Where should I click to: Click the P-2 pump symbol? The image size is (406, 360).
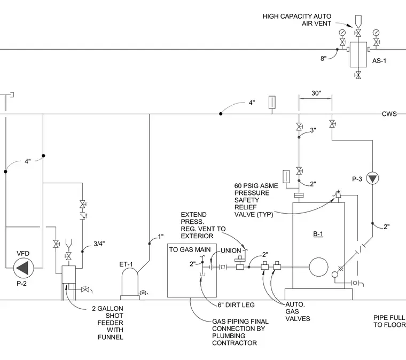click(x=24, y=268)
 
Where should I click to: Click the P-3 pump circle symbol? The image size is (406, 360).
click(x=372, y=178)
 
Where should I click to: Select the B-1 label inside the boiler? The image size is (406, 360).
click(x=318, y=234)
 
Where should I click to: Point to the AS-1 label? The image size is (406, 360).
click(x=379, y=61)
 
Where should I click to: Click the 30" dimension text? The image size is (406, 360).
click(x=316, y=93)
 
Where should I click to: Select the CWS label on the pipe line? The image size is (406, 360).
click(x=389, y=114)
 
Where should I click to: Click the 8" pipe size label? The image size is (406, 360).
click(x=323, y=59)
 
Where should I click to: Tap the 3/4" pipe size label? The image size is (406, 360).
click(x=99, y=244)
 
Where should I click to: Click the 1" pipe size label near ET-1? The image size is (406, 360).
click(x=161, y=237)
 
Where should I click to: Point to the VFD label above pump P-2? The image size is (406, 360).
click(x=23, y=253)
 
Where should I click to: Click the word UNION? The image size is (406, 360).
click(x=231, y=251)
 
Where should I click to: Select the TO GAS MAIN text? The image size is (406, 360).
click(x=190, y=249)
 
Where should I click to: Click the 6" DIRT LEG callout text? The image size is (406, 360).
click(x=236, y=305)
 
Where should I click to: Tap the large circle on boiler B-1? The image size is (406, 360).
click(x=318, y=267)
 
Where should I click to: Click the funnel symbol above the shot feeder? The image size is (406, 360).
click(x=68, y=244)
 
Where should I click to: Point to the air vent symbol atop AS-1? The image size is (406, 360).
click(x=358, y=21)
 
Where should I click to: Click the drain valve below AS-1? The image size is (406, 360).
click(x=358, y=75)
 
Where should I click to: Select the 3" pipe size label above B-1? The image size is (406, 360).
click(x=313, y=130)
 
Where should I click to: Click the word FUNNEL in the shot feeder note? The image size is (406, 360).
click(x=111, y=337)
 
